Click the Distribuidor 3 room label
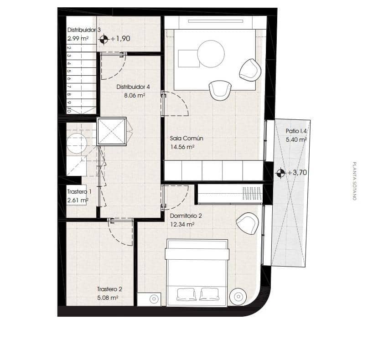click(x=84, y=30)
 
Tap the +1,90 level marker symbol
click(x=104, y=39)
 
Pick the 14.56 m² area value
click(x=182, y=147)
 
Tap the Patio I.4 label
click(x=296, y=131)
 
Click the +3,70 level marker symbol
click(x=280, y=173)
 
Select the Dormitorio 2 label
click(x=186, y=216)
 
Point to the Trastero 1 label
click(x=79, y=192)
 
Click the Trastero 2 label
click(x=109, y=289)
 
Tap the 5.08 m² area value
click(x=108, y=298)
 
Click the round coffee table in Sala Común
click(x=211, y=54)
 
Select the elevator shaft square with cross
click(x=111, y=132)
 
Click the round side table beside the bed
click(x=238, y=296)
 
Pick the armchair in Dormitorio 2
click(x=248, y=223)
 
